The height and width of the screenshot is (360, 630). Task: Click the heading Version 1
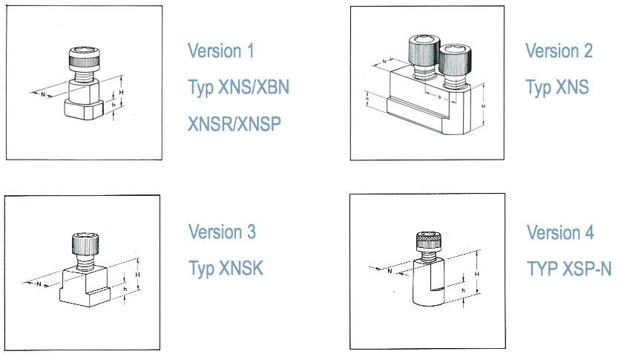221,51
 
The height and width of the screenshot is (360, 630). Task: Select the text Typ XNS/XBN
239,87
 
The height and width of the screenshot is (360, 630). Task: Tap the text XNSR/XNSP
234,124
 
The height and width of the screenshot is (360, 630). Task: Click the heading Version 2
559,51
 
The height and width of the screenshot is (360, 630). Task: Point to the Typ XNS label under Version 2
557,87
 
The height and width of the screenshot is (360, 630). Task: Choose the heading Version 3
222,232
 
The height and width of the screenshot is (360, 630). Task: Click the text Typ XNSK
226,268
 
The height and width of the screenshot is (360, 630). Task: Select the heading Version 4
560,232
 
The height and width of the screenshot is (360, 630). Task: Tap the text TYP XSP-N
569,269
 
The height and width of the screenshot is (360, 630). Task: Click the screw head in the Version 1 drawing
85,59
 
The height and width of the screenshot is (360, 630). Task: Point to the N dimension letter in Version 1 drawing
43,95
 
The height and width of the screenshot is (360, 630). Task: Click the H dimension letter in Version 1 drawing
122,92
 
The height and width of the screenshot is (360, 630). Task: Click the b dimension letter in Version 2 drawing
439,96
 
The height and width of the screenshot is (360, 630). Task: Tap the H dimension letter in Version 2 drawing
483,106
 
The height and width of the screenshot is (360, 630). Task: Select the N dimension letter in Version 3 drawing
39,284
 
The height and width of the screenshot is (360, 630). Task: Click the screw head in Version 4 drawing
429,240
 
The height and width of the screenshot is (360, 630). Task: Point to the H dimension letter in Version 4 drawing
477,274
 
